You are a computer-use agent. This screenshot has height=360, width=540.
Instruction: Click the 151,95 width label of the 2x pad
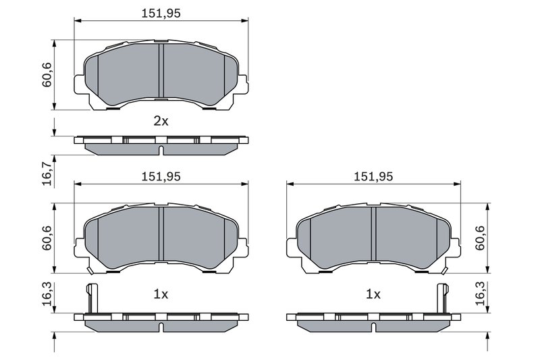pos(161,13)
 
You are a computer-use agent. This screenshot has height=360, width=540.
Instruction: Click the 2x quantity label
pos(161,122)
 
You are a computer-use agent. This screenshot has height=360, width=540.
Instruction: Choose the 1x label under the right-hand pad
pos(373,294)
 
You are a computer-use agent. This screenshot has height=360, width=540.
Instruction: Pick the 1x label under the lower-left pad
pos(161,294)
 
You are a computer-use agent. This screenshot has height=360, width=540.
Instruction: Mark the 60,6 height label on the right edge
pos(481,238)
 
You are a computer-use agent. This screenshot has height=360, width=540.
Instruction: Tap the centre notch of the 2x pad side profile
pos(161,150)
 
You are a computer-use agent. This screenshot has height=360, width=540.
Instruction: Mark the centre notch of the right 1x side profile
pos(373,327)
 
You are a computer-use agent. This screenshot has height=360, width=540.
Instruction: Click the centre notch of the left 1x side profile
pos(161,327)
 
